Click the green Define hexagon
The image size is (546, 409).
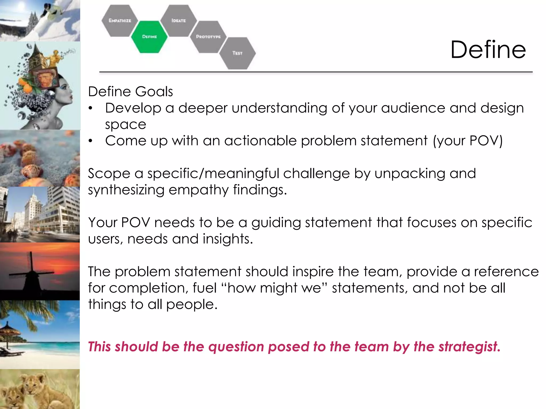click(149, 37)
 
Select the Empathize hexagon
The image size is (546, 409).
click(120, 21)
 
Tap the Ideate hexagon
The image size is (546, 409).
click(178, 21)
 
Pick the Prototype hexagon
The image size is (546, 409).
click(208, 37)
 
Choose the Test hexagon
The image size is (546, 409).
click(237, 53)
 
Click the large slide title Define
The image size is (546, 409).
click(488, 50)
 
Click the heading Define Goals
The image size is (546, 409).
click(130, 92)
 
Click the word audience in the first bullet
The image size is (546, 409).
click(413, 108)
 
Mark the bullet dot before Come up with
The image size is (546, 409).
click(91, 141)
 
